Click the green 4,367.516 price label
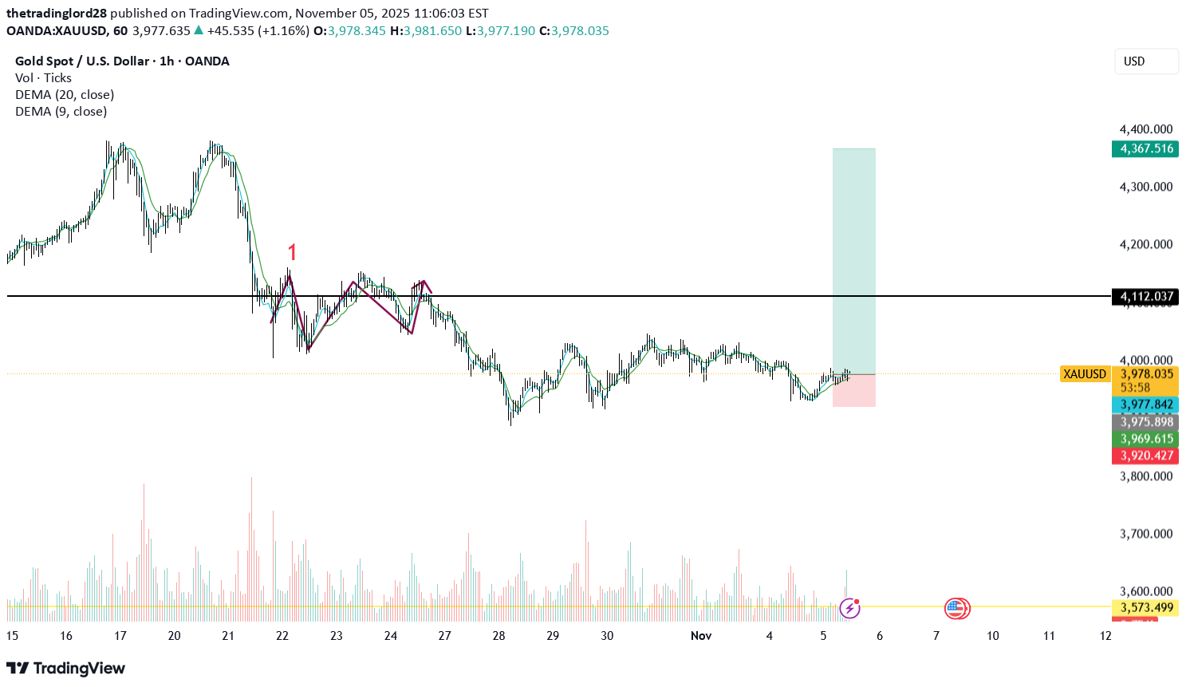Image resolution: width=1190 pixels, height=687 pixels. pyautogui.click(x=1145, y=148)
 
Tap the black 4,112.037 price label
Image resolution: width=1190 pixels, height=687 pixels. pyautogui.click(x=1145, y=297)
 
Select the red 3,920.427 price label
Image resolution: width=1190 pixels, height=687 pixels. pyautogui.click(x=1145, y=456)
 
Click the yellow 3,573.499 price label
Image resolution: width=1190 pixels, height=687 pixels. pyautogui.click(x=1145, y=608)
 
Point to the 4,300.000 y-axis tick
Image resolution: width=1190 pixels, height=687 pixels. pyautogui.click(x=1145, y=187)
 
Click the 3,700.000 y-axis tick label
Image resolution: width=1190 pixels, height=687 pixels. pyautogui.click(x=1145, y=534)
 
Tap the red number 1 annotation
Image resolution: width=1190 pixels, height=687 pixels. pyautogui.click(x=292, y=253)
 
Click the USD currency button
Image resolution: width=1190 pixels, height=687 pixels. pyautogui.click(x=1145, y=61)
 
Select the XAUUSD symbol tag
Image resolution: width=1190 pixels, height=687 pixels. pyautogui.click(x=1085, y=374)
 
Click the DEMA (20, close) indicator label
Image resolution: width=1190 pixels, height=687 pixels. pyautogui.click(x=65, y=94)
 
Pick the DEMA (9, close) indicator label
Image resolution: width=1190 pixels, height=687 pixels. pyautogui.click(x=61, y=111)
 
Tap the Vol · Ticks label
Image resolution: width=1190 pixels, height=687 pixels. pyautogui.click(x=43, y=77)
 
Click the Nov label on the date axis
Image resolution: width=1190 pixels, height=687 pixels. pyautogui.click(x=700, y=636)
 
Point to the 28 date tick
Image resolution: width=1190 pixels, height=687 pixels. pyautogui.click(x=498, y=636)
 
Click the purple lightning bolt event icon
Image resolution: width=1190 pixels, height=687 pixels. pyautogui.click(x=850, y=609)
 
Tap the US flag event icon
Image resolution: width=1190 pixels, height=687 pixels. pyautogui.click(x=956, y=609)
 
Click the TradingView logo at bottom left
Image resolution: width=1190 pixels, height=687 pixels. pyautogui.click(x=66, y=668)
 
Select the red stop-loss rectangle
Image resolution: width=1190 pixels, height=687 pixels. pyautogui.click(x=853, y=391)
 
